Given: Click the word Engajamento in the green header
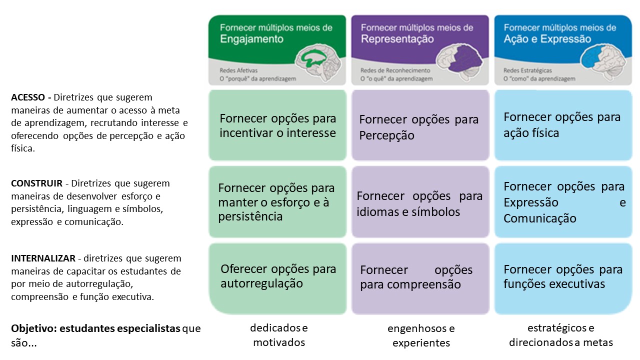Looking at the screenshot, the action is click(x=251, y=39).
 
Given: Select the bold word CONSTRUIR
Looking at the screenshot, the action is click(x=36, y=183).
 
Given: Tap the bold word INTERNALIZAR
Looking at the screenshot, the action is click(x=43, y=258).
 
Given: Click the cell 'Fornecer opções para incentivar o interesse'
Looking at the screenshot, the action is click(x=277, y=125).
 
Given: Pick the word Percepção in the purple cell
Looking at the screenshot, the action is click(x=386, y=135).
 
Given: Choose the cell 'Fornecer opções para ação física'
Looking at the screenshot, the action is click(x=562, y=125).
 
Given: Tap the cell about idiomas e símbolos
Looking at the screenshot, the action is click(x=420, y=203).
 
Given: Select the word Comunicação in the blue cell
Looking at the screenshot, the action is click(x=539, y=218).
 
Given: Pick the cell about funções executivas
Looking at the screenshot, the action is click(x=562, y=276).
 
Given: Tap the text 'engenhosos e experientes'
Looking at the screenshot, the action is click(x=421, y=335).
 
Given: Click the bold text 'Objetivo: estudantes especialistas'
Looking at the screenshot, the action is click(x=95, y=328).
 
